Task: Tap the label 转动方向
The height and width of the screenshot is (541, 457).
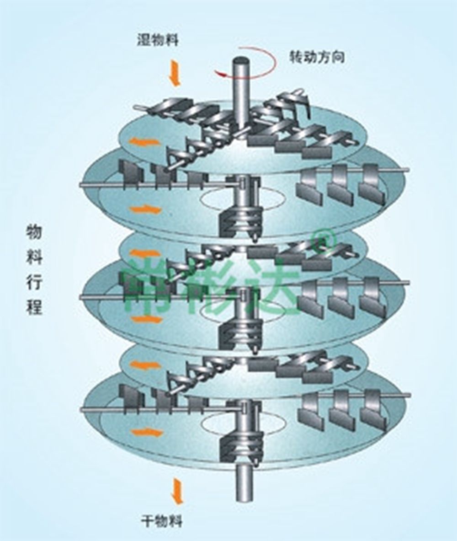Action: pyautogui.click(x=317, y=58)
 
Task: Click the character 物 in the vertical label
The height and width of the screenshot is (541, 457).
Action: pyautogui.click(x=34, y=234)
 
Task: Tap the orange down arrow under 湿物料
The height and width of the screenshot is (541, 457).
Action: pyautogui.click(x=175, y=75)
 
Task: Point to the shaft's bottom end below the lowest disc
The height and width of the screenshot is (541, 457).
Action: pyautogui.click(x=243, y=496)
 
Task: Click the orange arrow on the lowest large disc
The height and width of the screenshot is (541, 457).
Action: pyautogui.click(x=145, y=432)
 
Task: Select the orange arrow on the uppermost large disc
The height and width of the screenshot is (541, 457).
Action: pyautogui.click(x=145, y=210)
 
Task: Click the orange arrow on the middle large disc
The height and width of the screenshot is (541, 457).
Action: pyautogui.click(x=145, y=319)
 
